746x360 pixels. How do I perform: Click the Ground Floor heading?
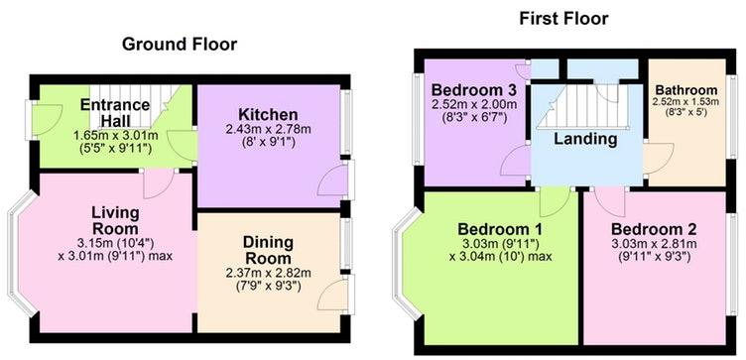tap(180, 45)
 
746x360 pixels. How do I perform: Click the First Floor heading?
tap(563, 19)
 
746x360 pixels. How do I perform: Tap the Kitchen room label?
tap(268, 115)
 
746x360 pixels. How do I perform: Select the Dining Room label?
tap(268, 250)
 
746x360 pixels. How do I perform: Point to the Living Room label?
tap(116, 220)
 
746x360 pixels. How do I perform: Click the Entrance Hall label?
tap(115, 112)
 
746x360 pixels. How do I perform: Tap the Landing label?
tap(585, 140)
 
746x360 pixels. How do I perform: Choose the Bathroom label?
tap(686, 90)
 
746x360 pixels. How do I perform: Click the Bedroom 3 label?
tap(474, 89)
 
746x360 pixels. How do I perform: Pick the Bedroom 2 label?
tap(654, 229)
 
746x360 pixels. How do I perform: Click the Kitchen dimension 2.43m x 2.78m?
tap(268, 129)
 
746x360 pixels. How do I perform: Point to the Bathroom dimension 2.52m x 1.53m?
tap(686, 102)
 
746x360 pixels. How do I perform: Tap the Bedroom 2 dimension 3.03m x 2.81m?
tap(654, 244)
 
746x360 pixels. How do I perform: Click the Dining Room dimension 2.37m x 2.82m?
tap(268, 274)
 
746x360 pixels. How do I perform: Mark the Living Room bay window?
tap(22, 254)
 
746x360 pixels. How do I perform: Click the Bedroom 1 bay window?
tap(407, 263)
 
